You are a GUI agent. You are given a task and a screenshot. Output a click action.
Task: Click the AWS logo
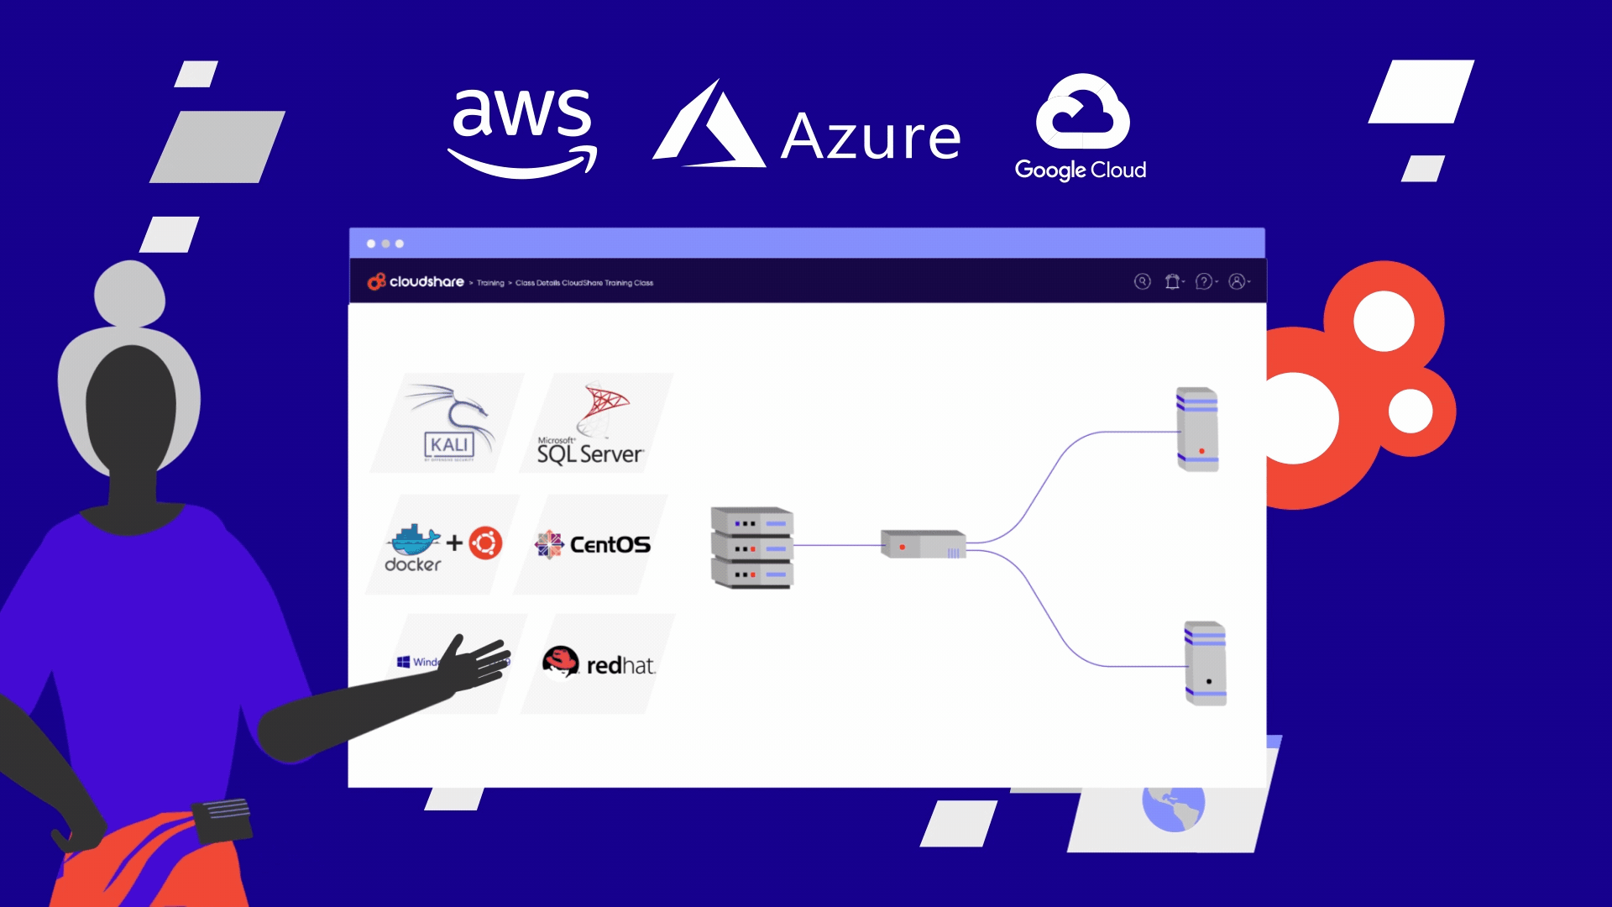click(522, 130)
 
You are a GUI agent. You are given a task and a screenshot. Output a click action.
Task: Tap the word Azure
click(871, 137)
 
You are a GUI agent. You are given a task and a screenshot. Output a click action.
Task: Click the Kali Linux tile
click(449, 423)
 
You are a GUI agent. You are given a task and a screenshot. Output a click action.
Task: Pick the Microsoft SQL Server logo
click(593, 424)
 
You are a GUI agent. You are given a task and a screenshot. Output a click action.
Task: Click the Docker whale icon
click(413, 542)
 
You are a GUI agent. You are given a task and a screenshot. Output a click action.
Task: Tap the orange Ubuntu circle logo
click(485, 543)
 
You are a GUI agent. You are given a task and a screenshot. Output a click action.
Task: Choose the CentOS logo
click(593, 545)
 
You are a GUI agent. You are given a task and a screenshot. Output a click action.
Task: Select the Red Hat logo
click(598, 663)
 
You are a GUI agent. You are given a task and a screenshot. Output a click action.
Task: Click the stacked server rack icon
click(751, 547)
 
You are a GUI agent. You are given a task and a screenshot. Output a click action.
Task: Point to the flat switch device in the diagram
click(923, 544)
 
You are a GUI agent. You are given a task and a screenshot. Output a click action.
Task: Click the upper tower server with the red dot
click(1197, 428)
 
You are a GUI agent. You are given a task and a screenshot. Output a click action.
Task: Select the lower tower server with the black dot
click(1205, 663)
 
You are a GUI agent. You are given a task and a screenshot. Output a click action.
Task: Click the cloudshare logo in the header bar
click(416, 281)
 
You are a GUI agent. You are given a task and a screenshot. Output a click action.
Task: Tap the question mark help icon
click(1204, 281)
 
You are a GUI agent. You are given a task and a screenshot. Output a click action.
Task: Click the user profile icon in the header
click(1237, 281)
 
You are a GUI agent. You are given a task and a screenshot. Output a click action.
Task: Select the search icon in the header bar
click(1142, 281)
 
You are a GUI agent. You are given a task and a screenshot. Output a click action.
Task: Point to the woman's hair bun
click(129, 293)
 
